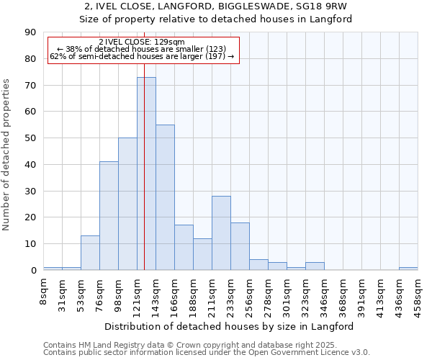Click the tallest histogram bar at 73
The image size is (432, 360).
click(146, 173)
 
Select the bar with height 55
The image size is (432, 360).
click(165, 197)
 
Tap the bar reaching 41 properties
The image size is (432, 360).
click(109, 216)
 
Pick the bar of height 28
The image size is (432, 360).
click(221, 233)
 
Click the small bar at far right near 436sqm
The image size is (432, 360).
click(408, 269)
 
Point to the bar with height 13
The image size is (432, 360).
click(90, 253)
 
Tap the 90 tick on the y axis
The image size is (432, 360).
click(30, 32)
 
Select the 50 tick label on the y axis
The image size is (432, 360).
click(30, 138)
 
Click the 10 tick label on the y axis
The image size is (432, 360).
click(30, 244)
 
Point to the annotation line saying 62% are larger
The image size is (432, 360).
click(142, 56)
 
